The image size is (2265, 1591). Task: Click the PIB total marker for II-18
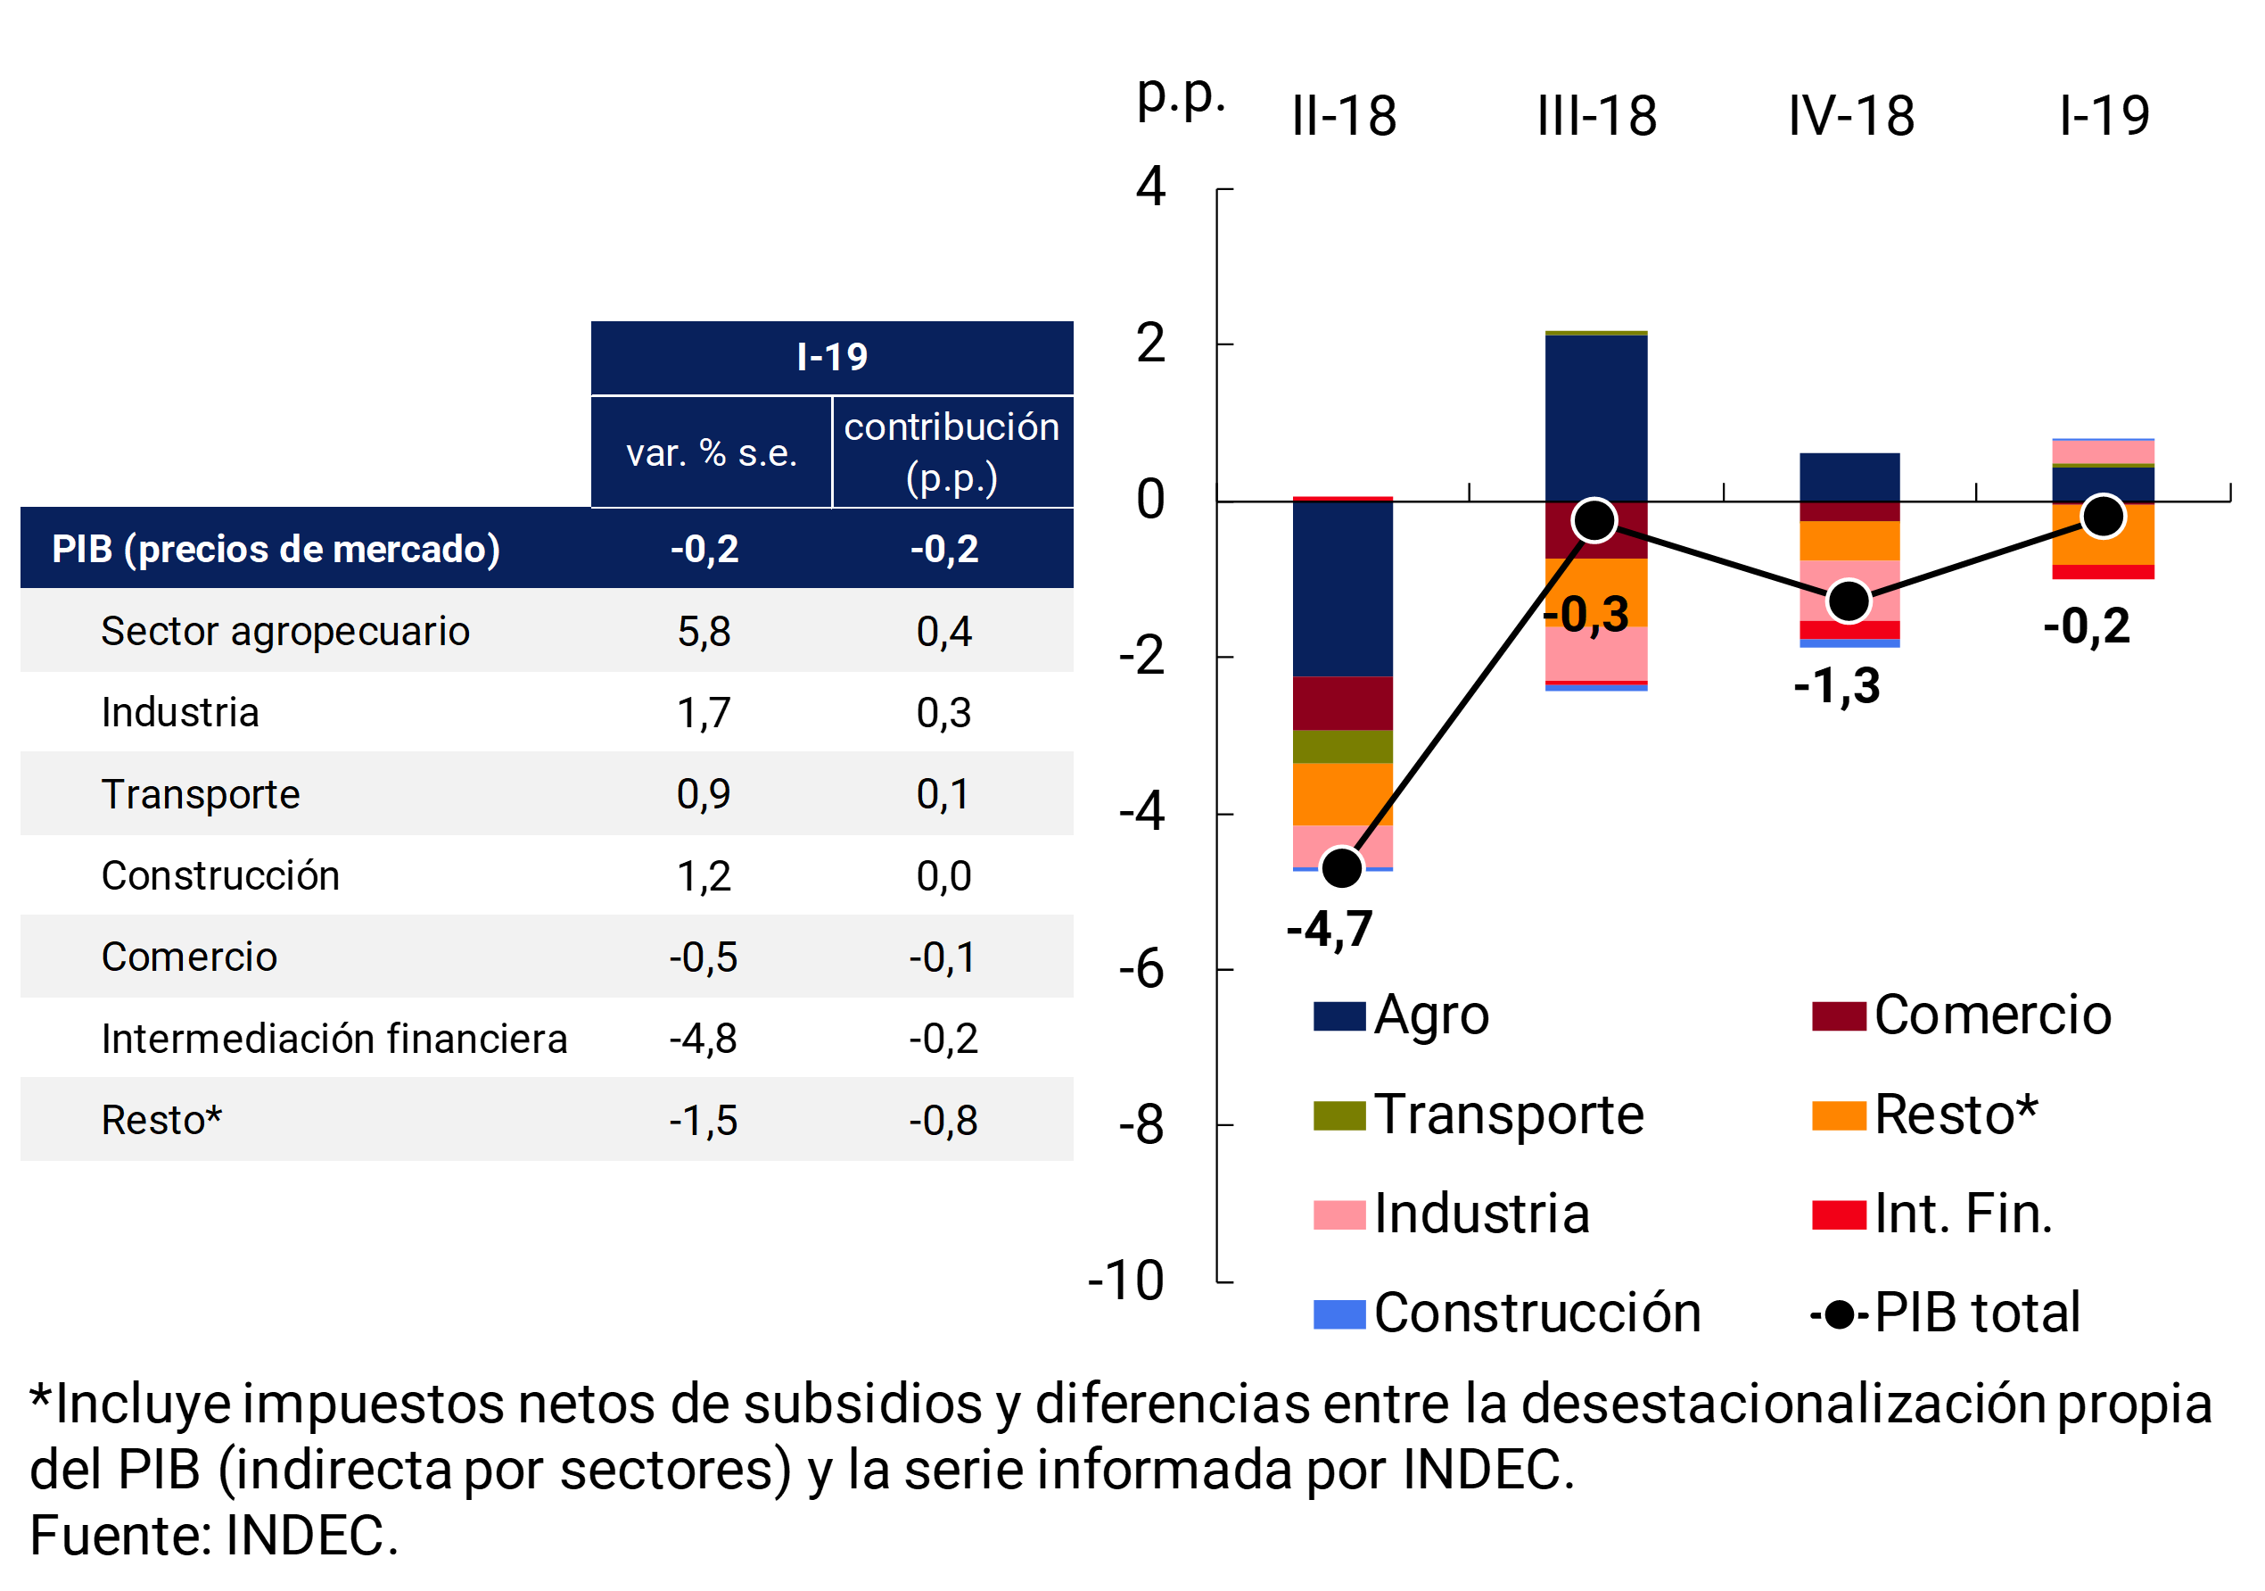click(1342, 867)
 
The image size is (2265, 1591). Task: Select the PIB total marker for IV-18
click(1849, 600)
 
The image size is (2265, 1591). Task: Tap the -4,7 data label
click(1329, 929)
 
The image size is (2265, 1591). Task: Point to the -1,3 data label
click(1836, 686)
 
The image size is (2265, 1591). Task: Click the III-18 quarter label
click(1596, 117)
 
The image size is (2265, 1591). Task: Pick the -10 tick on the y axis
click(1125, 1281)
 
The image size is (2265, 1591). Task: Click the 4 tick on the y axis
click(1150, 186)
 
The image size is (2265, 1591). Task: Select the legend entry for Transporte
click(1479, 1115)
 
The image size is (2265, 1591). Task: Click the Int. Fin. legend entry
click(1933, 1214)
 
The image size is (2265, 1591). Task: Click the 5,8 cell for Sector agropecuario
click(704, 632)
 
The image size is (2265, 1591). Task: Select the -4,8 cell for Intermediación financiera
click(703, 1040)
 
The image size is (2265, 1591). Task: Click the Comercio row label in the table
click(189, 957)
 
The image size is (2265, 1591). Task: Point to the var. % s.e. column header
click(712, 453)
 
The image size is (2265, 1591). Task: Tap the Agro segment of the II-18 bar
click(1343, 588)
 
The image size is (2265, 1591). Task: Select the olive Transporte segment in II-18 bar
click(1343, 746)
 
